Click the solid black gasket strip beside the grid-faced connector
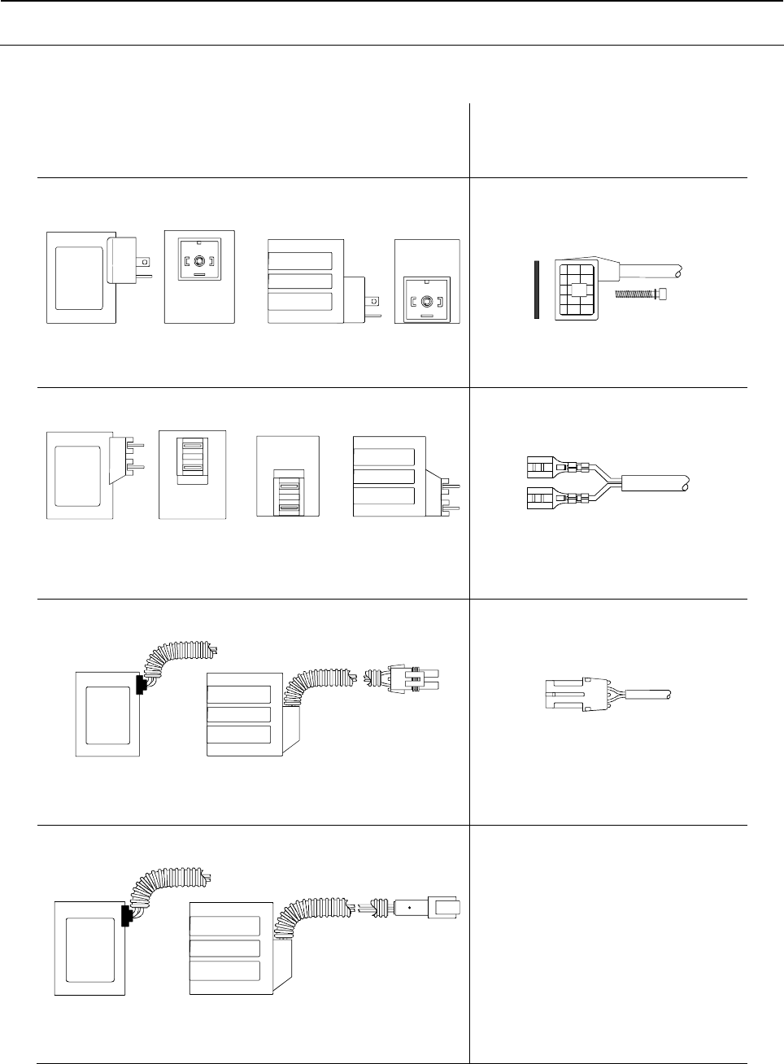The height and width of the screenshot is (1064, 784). (x=538, y=290)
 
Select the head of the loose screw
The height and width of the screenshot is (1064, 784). (x=662, y=294)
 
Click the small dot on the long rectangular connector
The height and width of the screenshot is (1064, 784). (x=410, y=907)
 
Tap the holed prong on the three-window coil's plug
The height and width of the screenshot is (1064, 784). (x=373, y=301)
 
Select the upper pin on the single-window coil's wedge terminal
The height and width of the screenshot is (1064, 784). (x=138, y=446)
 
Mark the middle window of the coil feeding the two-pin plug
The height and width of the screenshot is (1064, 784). (x=238, y=714)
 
